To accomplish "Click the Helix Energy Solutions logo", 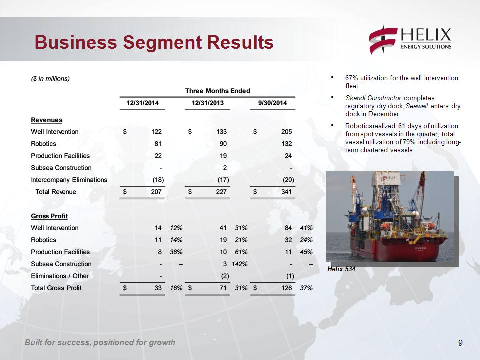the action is point(410,41).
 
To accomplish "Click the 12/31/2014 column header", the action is point(142,103).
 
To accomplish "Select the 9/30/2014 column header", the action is point(272,103).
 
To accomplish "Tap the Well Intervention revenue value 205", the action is point(286,132).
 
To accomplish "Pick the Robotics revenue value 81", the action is point(158,144).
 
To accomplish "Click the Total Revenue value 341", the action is point(286,192).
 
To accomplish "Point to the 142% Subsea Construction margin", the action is point(239,264).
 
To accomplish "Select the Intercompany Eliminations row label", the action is point(69,180).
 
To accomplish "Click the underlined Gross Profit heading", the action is point(49,216).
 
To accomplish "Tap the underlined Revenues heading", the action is point(47,120).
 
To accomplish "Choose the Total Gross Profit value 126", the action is point(286,288).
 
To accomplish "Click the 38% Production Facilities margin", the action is point(176,252).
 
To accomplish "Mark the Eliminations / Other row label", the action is point(60,276).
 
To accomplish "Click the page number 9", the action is point(460,343).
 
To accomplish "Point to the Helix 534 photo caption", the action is point(341,269).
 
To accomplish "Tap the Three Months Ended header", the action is point(217,91).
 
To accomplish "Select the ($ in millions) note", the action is point(50,79).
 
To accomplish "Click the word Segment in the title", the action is point(162,42).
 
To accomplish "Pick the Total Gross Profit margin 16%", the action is point(176,288).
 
